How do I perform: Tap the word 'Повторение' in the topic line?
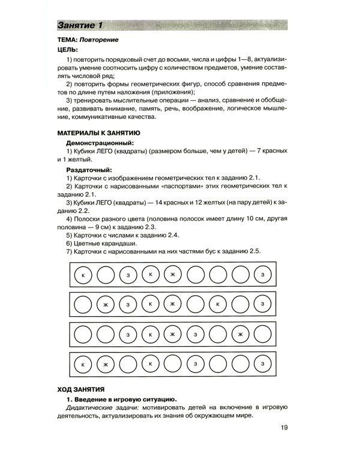99,40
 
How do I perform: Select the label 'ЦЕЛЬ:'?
67,50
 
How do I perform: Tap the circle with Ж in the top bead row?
172,275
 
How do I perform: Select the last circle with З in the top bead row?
262,275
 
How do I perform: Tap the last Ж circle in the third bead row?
240,334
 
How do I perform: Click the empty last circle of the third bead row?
262,334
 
